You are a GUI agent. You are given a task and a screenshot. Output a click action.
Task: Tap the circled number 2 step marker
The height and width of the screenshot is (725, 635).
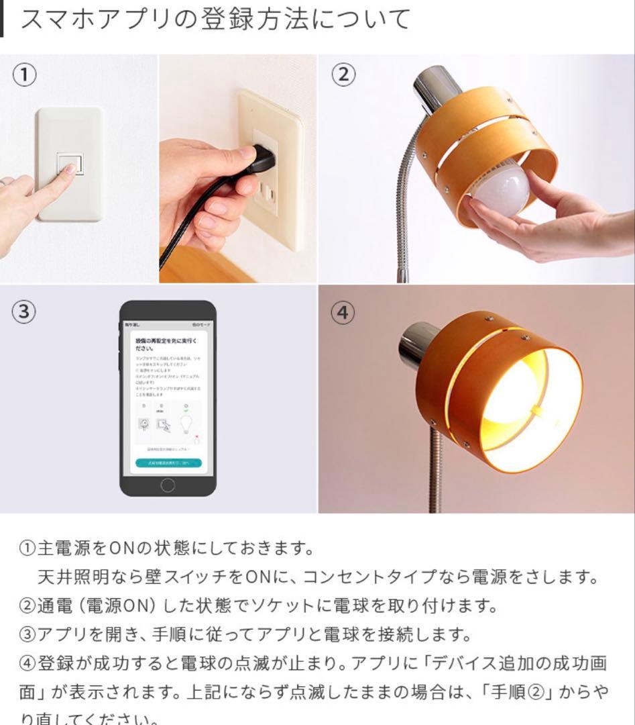pyautogui.click(x=343, y=75)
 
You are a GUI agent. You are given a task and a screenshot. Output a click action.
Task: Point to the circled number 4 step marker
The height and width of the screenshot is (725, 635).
pyautogui.click(x=343, y=313)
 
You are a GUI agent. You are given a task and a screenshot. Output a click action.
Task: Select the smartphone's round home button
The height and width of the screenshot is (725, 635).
pyautogui.click(x=168, y=484)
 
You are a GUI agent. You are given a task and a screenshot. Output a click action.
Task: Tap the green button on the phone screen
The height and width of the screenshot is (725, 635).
pyautogui.click(x=168, y=463)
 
